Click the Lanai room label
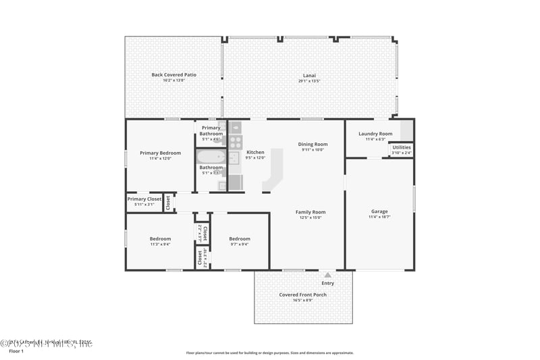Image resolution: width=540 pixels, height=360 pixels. [x=309, y=75]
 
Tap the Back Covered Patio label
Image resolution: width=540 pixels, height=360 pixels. [x=173, y=75]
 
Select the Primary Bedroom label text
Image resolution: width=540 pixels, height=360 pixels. [x=160, y=153]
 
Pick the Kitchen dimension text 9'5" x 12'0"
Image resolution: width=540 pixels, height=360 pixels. [x=255, y=158]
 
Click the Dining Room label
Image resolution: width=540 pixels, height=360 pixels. [x=313, y=144]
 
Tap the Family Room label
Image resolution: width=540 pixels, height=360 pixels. [x=310, y=212]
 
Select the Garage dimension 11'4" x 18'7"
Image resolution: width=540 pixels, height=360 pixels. [x=379, y=217]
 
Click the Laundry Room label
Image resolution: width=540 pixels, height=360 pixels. [x=375, y=134]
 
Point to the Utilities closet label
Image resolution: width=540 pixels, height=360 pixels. [x=402, y=147]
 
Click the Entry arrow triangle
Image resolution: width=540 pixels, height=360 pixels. [x=328, y=275]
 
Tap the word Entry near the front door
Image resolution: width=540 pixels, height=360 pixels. [x=328, y=283]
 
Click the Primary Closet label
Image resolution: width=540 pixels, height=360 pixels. [x=144, y=199]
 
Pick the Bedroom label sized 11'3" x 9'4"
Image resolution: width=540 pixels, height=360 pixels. [x=160, y=238]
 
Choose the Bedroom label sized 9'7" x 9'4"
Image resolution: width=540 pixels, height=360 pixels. [x=239, y=238]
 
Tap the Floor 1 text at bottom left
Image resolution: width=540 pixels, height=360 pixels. [x=16, y=351]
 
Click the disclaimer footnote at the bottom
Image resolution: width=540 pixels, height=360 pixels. [x=269, y=353]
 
